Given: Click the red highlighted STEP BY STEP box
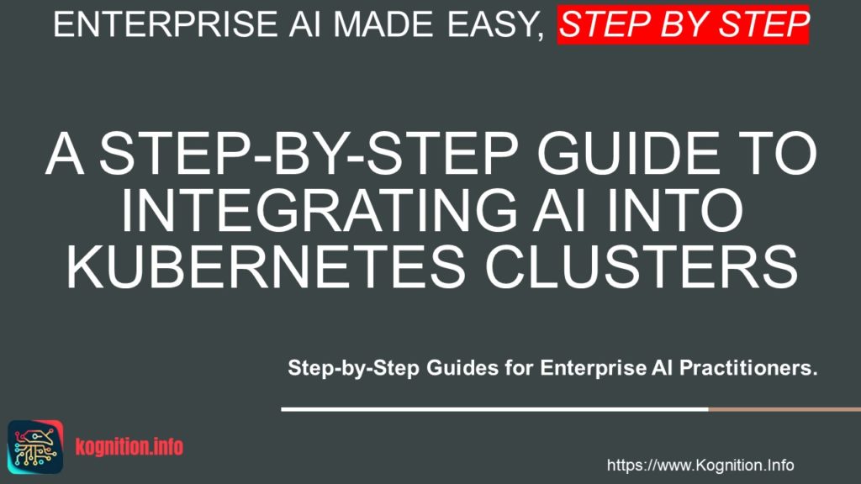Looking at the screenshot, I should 683,24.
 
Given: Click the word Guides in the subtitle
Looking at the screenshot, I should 475,368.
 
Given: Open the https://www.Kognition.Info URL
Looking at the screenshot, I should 700,465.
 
